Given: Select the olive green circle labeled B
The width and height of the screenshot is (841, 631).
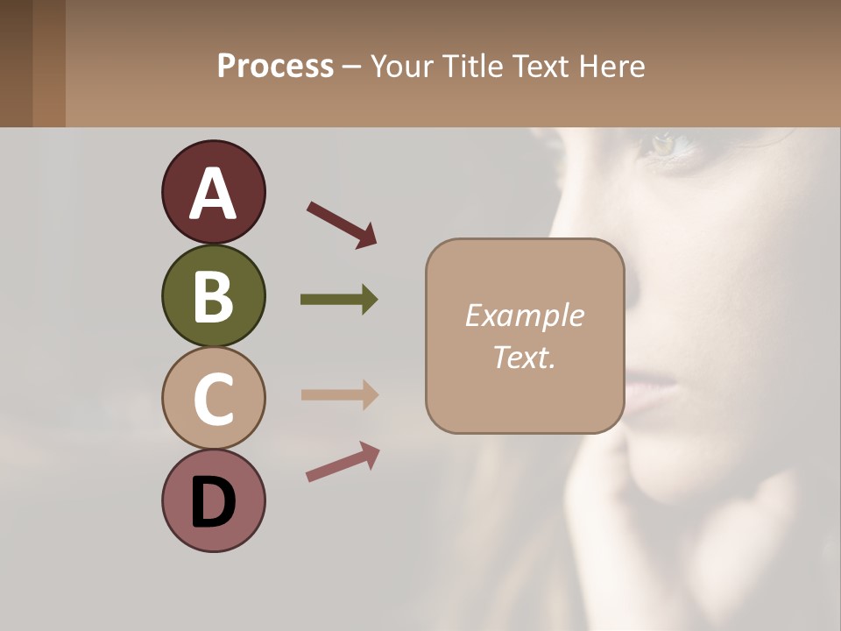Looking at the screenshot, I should (x=213, y=295).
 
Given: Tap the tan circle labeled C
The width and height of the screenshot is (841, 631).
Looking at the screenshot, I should (x=213, y=398).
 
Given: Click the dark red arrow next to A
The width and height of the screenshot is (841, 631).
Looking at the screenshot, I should (x=342, y=223).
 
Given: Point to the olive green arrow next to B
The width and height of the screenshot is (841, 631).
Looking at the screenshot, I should (x=339, y=300).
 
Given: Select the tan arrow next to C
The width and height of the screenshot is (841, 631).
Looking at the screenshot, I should (x=339, y=394).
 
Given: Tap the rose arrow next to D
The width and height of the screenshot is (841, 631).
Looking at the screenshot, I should (x=343, y=462).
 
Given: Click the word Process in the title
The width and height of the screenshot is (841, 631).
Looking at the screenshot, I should (x=275, y=67).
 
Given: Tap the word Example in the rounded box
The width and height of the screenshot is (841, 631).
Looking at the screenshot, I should (x=524, y=315).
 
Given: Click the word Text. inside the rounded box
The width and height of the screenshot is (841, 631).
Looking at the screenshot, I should (x=524, y=357).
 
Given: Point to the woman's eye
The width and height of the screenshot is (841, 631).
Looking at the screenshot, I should (x=666, y=144).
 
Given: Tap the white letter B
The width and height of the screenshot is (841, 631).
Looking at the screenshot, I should (x=213, y=296).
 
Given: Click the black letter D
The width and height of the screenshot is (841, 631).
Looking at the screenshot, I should (x=213, y=502).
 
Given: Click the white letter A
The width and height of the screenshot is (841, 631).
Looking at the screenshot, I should (x=213, y=193).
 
